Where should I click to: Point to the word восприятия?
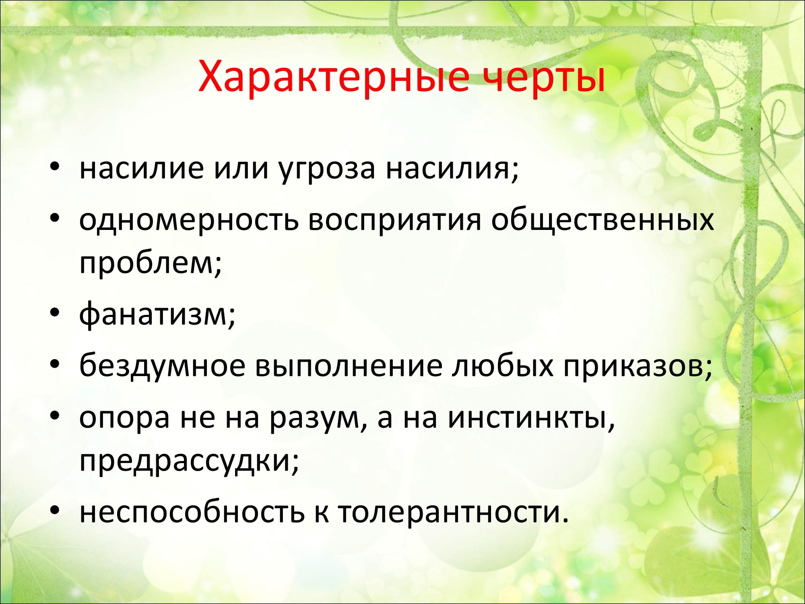point(394,221)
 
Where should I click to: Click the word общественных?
point(602,220)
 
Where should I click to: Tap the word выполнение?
point(349,367)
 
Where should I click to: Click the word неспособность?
point(192,512)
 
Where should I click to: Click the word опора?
point(124,420)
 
